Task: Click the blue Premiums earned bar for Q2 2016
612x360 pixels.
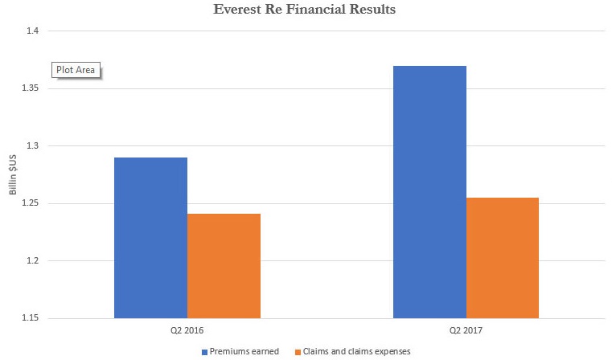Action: click(150, 238)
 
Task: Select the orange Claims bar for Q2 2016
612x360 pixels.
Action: click(224, 266)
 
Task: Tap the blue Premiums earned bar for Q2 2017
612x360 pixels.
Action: click(429, 192)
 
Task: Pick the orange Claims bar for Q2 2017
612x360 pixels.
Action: click(503, 258)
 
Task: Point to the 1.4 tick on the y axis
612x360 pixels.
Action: click(33, 31)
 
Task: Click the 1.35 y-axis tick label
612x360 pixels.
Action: click(31, 88)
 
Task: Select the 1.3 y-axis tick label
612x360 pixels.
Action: click(33, 146)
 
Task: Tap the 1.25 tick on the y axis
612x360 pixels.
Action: click(31, 203)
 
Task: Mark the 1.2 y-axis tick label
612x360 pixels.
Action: click(33, 261)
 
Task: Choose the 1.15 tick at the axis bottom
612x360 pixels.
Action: click(31, 319)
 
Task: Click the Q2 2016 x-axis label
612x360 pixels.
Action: click(187, 330)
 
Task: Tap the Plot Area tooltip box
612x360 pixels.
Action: click(76, 70)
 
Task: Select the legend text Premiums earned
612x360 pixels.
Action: click(244, 351)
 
